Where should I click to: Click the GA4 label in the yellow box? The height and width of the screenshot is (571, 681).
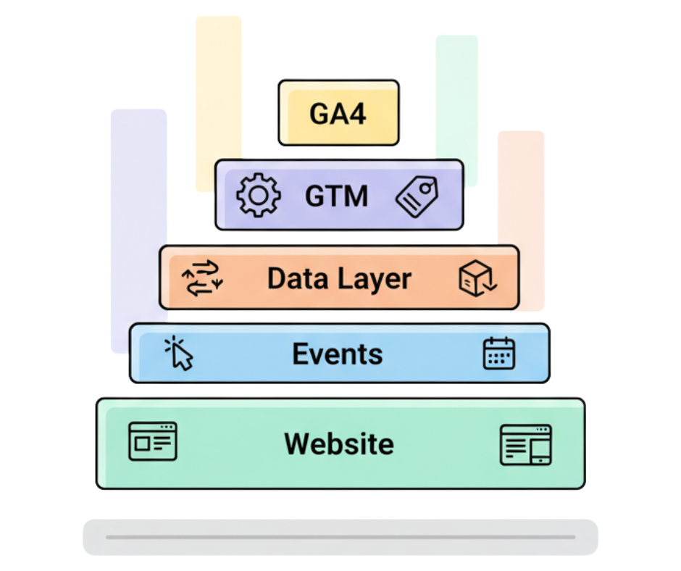338,114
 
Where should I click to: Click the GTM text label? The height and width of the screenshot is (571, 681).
336,196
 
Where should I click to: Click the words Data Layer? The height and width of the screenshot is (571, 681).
339,279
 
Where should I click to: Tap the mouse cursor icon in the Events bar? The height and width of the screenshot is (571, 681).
180,354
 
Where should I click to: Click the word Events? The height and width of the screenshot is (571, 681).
337,354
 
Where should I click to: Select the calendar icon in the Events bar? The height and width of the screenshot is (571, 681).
498,354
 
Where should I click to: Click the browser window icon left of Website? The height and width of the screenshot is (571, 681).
152,441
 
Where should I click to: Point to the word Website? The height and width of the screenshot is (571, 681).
339,443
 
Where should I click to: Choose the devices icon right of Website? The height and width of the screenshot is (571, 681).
526,444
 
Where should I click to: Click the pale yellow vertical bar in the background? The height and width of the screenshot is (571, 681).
218,87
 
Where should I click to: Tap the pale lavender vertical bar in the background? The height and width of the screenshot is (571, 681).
138,217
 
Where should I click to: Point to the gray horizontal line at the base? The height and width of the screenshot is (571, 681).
340,537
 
